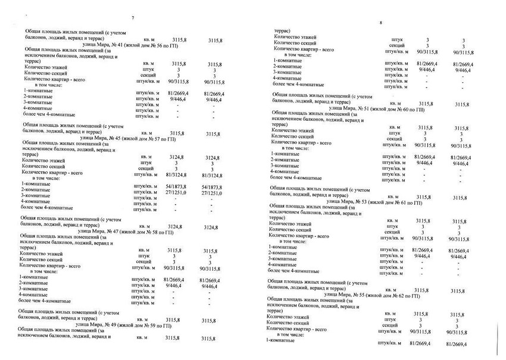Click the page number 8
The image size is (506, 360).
coord(379,23)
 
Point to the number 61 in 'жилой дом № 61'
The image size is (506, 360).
coord(398,202)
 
